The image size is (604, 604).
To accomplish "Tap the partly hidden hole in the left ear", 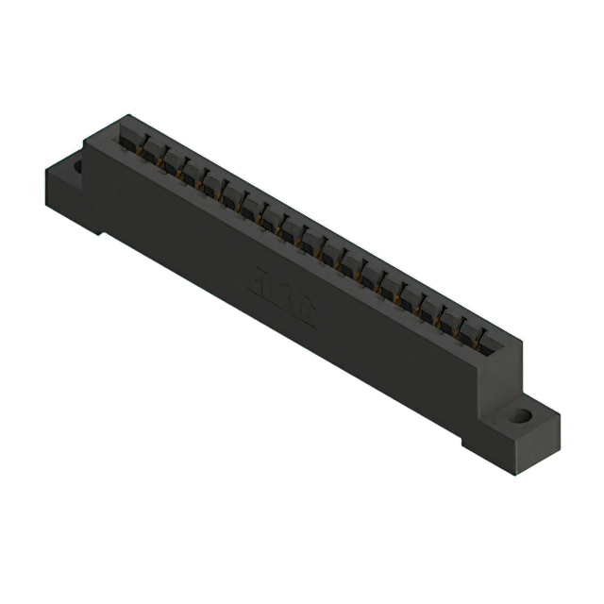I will point(77,167).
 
